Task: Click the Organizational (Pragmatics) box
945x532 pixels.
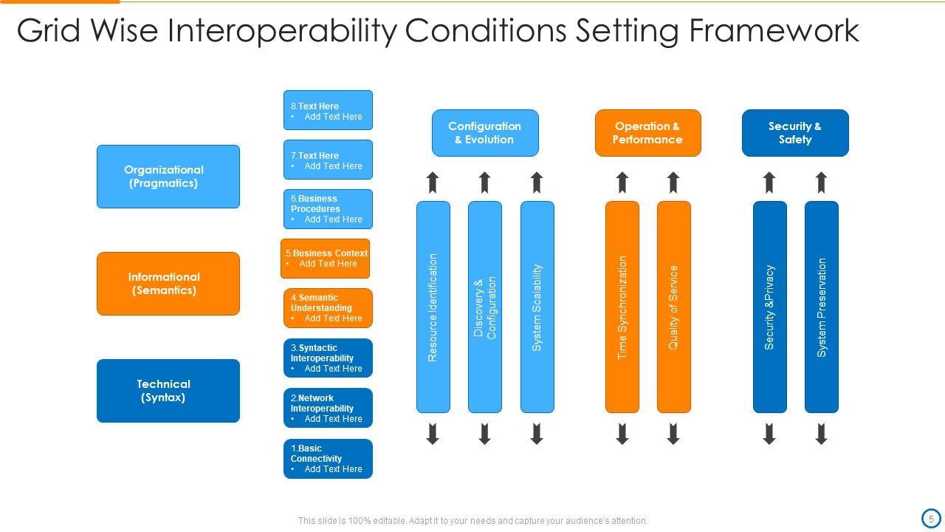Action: coord(168,177)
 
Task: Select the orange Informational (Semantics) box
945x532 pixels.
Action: coord(168,284)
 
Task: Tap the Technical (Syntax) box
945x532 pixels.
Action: coord(168,391)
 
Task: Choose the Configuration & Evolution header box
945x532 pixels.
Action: coord(485,133)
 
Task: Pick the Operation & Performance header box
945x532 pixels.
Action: coord(647,133)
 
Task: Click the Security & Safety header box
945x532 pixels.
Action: coord(795,133)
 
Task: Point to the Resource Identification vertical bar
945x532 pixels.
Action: coord(433,307)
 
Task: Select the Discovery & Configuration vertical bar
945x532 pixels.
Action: coord(485,307)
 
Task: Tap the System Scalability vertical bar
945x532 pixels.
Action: coord(537,307)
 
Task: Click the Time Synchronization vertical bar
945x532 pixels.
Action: coord(622,307)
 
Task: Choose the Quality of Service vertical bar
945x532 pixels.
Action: coord(673,307)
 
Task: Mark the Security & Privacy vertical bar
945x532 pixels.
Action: coord(769,307)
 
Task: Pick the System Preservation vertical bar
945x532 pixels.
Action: coord(822,307)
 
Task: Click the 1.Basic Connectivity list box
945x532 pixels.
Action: coord(328,459)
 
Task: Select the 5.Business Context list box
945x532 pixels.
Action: coord(325,259)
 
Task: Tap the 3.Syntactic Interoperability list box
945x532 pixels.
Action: coord(328,358)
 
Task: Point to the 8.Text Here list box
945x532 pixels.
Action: coord(328,110)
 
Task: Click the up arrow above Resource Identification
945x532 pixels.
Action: coord(433,183)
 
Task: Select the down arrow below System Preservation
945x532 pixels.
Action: coord(822,434)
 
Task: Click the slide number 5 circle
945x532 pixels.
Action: coord(930,519)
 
